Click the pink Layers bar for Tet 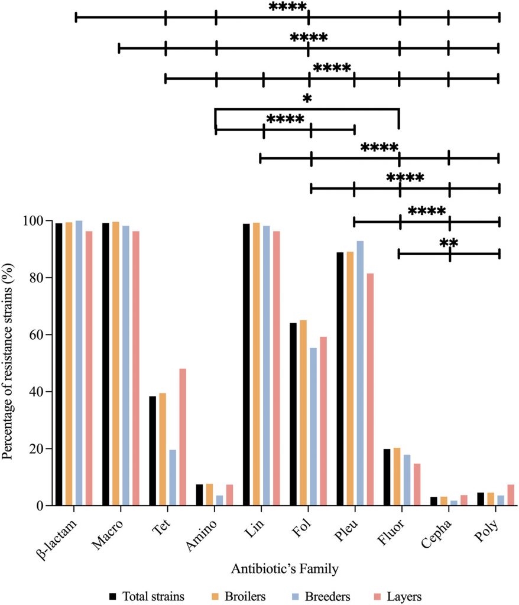coord(183,437)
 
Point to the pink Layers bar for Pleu coord(370,389)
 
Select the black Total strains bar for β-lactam coord(59,364)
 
